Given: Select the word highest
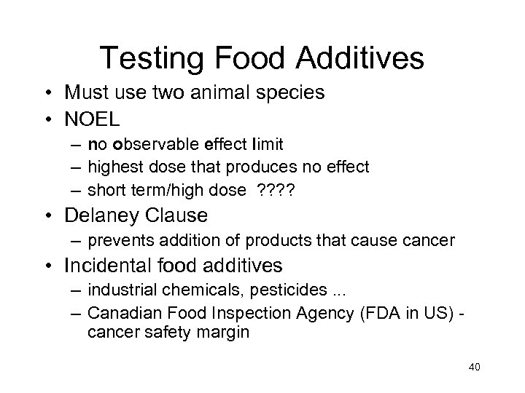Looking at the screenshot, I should [x=113, y=167].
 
